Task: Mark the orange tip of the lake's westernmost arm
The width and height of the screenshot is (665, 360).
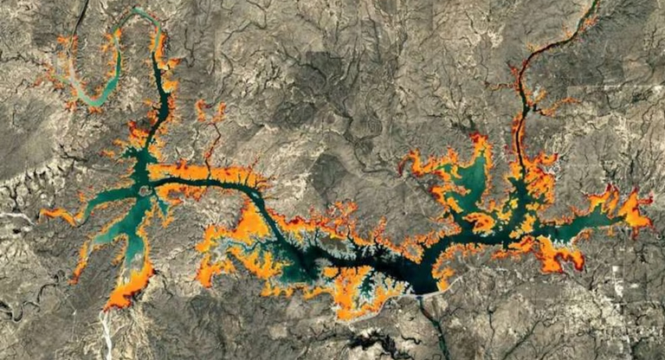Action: click(48, 212)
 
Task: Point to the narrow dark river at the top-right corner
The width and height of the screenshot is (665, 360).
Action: click(590, 12)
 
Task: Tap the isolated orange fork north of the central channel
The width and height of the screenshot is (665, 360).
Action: click(209, 112)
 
